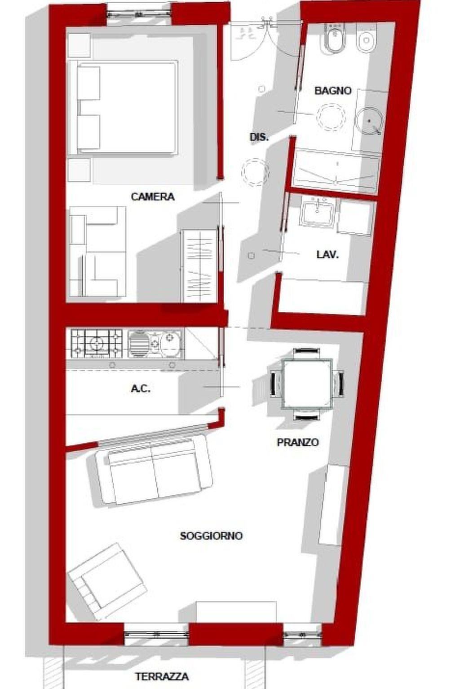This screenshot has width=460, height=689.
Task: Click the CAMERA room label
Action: click(x=153, y=197)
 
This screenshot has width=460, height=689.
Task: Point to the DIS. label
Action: click(x=259, y=138)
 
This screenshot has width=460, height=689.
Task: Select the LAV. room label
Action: click(x=327, y=255)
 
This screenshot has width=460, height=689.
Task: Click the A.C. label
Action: click(x=141, y=389)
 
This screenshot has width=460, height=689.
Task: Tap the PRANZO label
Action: click(x=298, y=442)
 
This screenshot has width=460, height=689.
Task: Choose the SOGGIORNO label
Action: click(x=212, y=536)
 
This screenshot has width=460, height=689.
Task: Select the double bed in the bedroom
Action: click(x=123, y=108)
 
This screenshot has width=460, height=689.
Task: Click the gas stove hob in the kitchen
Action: click(x=97, y=344)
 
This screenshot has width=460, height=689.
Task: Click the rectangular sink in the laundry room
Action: click(x=318, y=212)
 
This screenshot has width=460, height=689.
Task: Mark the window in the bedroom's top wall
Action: click(x=139, y=14)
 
